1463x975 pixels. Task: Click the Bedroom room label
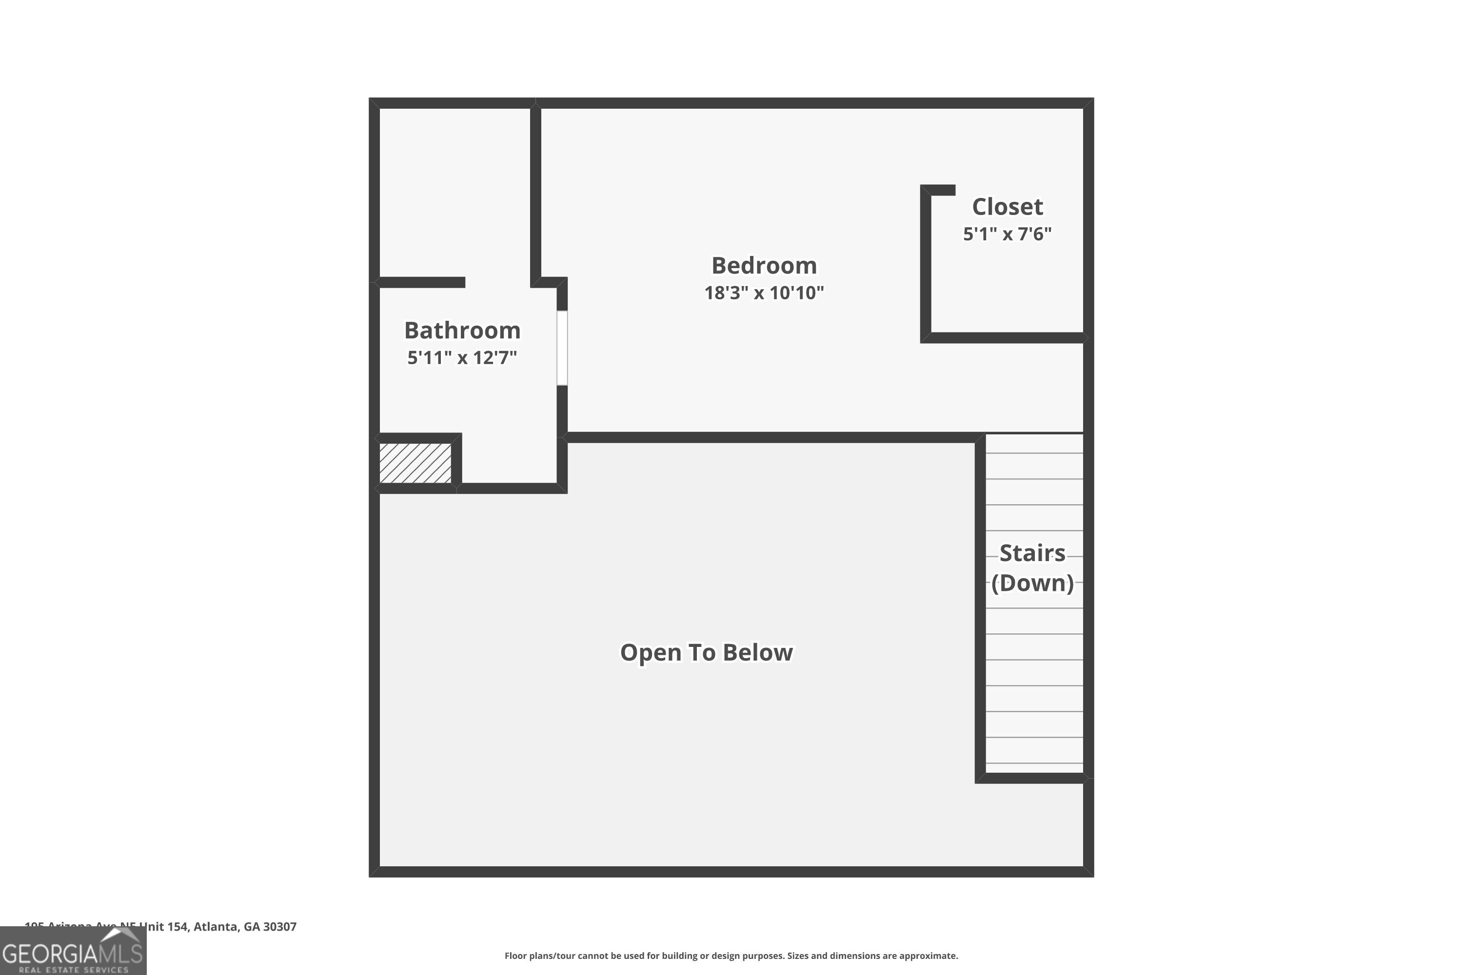tap(764, 266)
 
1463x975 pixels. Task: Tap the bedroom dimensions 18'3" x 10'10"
tap(764, 293)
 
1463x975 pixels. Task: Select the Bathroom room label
tap(462, 330)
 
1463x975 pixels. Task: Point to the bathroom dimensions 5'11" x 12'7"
tap(462, 357)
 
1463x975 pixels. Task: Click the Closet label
tap(1007, 206)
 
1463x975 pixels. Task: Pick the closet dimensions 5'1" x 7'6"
tap(1007, 234)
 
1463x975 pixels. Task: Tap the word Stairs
tap(1032, 553)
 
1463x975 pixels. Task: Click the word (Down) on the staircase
tap(1032, 583)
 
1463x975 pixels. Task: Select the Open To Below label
tap(706, 652)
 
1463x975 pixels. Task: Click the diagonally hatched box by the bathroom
tap(415, 463)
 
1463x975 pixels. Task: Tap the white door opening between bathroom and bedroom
tap(562, 348)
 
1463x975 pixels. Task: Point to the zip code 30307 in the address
tap(280, 927)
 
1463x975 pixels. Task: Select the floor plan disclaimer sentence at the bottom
tap(731, 955)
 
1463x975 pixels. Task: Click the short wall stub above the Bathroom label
tap(422, 282)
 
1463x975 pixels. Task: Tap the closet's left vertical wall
tap(926, 264)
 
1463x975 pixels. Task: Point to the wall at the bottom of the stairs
tap(1032, 778)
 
